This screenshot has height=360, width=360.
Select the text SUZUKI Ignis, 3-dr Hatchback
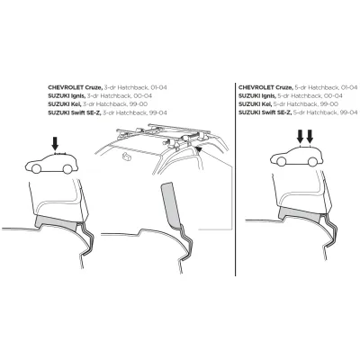(x=100, y=96)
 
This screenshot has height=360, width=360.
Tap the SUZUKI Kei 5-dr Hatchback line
(x=288, y=104)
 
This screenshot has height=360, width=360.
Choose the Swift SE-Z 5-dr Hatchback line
(x=298, y=112)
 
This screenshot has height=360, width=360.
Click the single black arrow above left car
(x=55, y=143)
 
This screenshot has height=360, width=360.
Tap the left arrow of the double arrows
(x=300, y=137)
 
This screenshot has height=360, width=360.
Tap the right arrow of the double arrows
(x=310, y=137)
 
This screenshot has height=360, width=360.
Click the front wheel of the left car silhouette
(x=36, y=169)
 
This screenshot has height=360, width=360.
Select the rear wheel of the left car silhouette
(x=67, y=169)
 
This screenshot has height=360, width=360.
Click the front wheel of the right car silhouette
(x=281, y=162)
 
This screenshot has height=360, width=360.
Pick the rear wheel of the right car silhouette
(x=312, y=162)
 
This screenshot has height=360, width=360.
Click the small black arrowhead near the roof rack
(x=198, y=148)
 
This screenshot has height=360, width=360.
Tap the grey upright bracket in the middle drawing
(x=171, y=205)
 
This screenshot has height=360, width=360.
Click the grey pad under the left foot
(x=57, y=223)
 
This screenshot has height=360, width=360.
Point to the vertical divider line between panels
(x=236, y=179)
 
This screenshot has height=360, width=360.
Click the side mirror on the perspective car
(x=128, y=157)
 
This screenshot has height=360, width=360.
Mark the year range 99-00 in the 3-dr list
(x=139, y=104)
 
